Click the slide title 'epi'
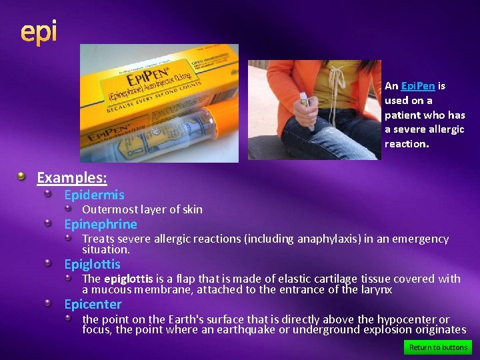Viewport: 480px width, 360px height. click(39, 31)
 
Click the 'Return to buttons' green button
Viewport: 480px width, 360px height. click(438, 347)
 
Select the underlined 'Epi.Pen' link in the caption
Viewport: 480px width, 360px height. click(418, 86)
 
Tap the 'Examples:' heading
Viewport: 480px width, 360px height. click(72, 177)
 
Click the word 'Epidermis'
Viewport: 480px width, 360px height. click(94, 195)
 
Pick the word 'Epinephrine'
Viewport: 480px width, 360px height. click(101, 225)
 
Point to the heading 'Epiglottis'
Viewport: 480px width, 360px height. click(93, 265)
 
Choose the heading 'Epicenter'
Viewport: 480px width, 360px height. click(93, 305)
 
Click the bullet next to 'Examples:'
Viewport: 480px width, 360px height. click(22, 177)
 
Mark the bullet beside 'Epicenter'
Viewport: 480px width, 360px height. click(49, 303)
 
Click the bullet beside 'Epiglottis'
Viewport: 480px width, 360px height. click(49, 263)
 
